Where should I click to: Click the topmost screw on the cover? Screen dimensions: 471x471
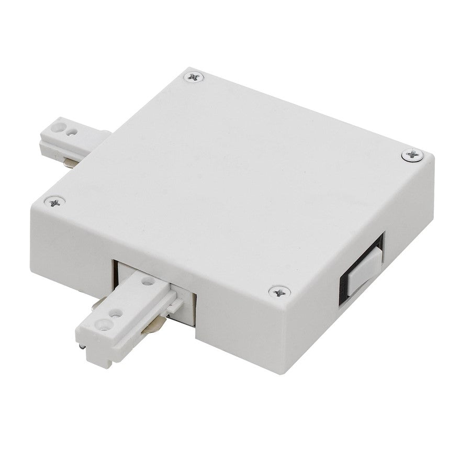point(195,77)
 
